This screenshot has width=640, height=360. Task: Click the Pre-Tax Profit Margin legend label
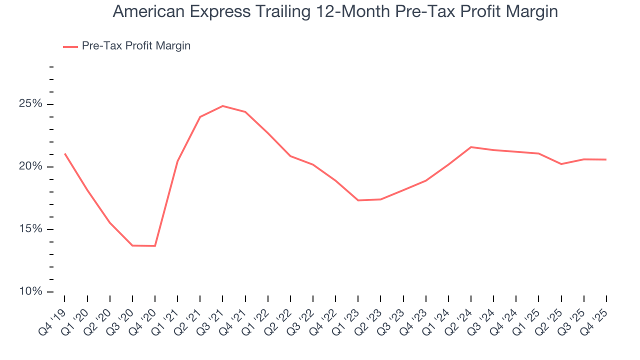136,46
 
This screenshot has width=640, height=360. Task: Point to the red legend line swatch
70,46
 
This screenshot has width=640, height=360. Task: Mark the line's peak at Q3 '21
222,106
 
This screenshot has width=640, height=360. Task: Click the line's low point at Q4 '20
155,246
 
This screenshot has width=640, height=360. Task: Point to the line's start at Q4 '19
65,153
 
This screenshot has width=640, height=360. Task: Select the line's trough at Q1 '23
358,200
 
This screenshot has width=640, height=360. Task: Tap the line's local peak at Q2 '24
471,147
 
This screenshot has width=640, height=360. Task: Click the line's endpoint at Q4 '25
606,159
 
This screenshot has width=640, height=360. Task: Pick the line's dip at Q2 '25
561,164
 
